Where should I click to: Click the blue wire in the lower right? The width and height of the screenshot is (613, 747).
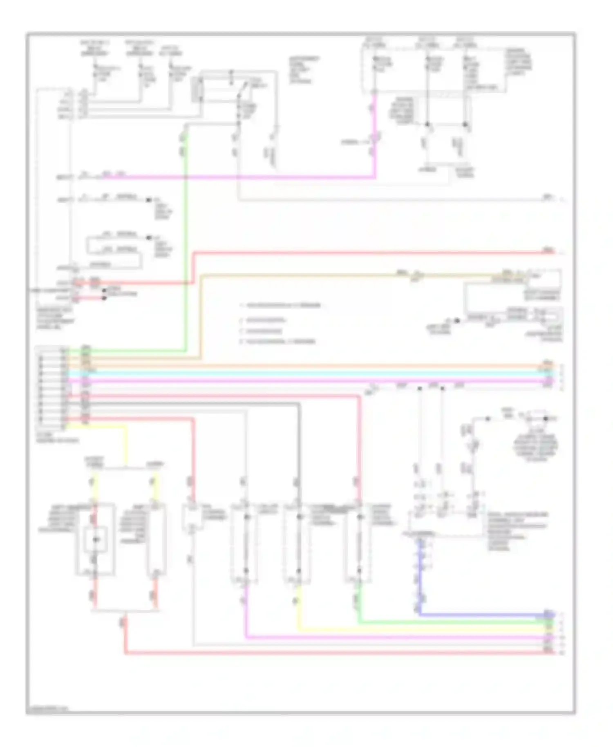coord(482,615)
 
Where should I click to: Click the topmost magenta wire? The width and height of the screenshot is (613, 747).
coord(245,177)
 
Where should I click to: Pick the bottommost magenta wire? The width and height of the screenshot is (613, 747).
coord(392,637)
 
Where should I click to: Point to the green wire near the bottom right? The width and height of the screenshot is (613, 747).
coord(450,623)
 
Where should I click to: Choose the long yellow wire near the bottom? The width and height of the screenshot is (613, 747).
coord(421,631)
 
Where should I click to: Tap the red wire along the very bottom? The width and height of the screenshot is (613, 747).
coord(327,653)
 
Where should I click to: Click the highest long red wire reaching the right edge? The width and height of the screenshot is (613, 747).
coord(368,253)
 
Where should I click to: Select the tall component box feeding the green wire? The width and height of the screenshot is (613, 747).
coord(359,543)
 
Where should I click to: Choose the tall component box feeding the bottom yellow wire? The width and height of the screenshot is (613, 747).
coord(298,543)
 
